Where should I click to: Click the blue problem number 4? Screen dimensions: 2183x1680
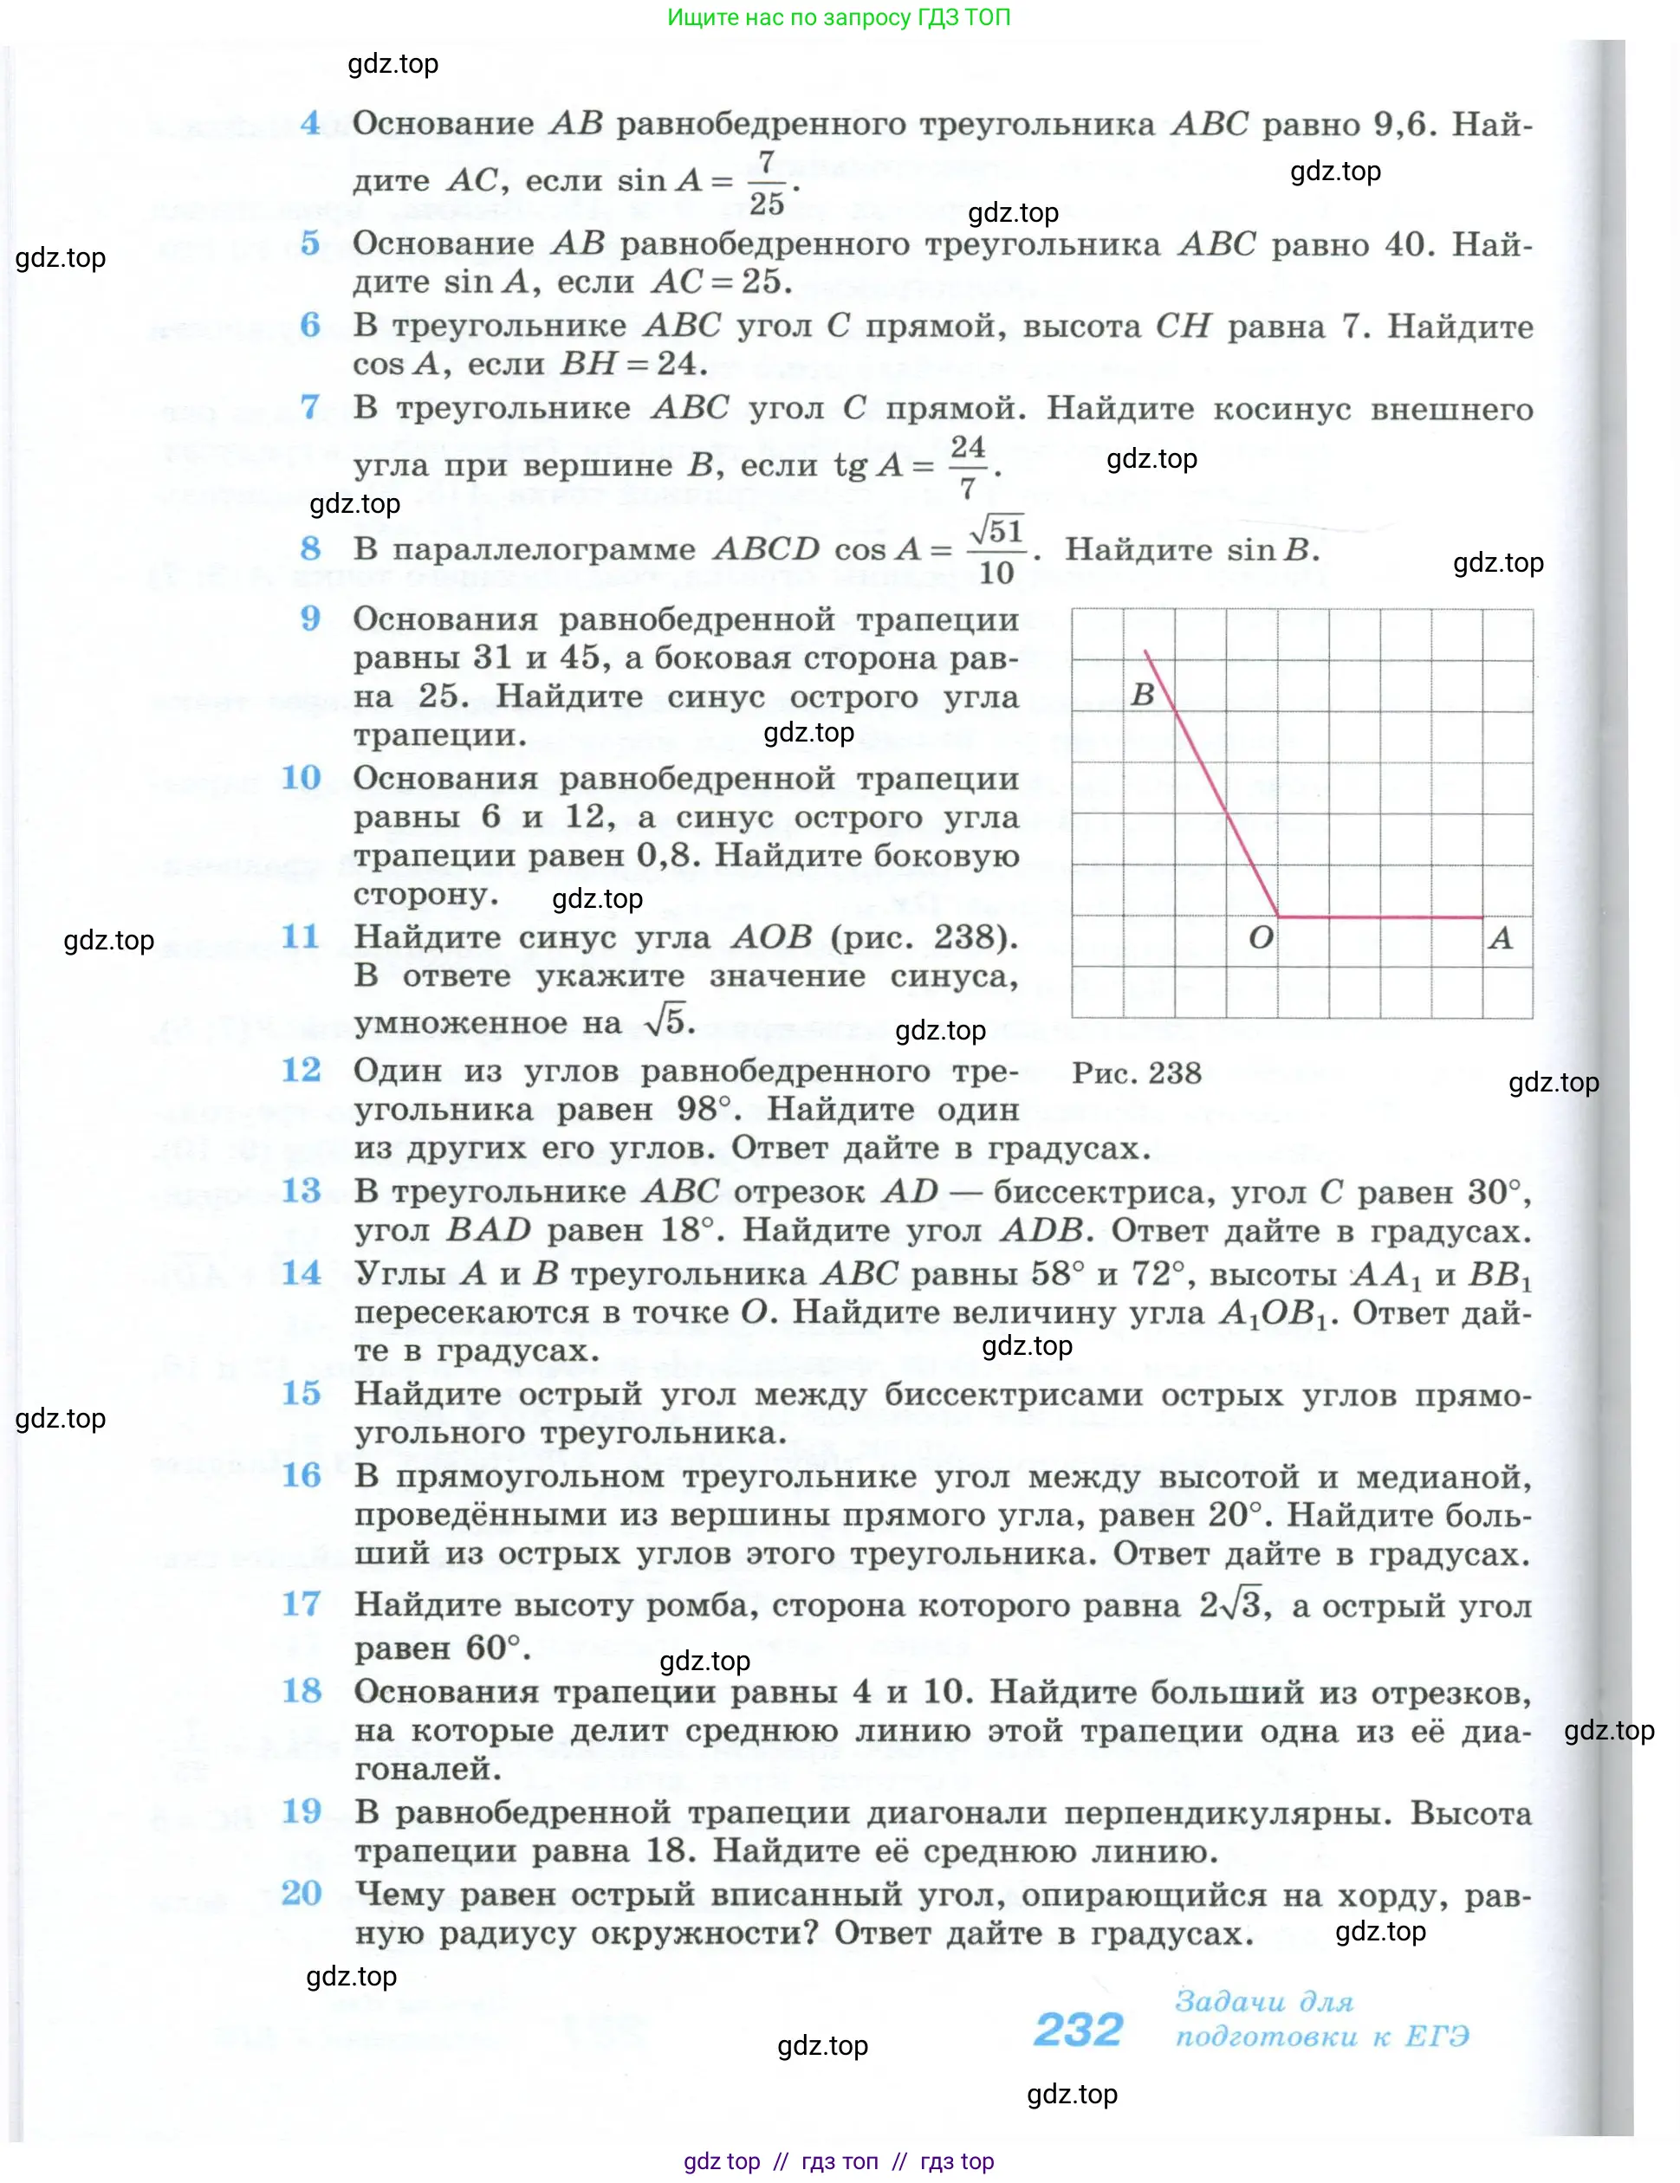[x=310, y=124]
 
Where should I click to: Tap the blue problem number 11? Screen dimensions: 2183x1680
[x=300, y=936]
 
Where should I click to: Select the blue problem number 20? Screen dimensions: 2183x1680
[x=301, y=1892]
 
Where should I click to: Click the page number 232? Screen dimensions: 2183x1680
[x=1078, y=2030]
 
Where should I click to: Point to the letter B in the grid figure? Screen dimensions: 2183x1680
[x=1142, y=695]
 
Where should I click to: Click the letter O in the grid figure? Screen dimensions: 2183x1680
[x=1261, y=937]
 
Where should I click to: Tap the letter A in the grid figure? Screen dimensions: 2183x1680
[x=1500, y=937]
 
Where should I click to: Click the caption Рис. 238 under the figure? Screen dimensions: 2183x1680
[x=1136, y=1072]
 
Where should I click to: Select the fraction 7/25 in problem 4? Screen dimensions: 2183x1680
[x=766, y=183]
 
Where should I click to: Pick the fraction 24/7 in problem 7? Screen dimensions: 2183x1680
[x=967, y=467]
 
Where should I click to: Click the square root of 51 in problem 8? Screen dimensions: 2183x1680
[x=996, y=530]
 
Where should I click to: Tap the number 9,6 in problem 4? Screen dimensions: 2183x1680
[x=1403, y=124]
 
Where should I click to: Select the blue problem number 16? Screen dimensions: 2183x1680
[x=301, y=1475]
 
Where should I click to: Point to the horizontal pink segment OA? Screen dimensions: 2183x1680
[x=1380, y=916]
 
